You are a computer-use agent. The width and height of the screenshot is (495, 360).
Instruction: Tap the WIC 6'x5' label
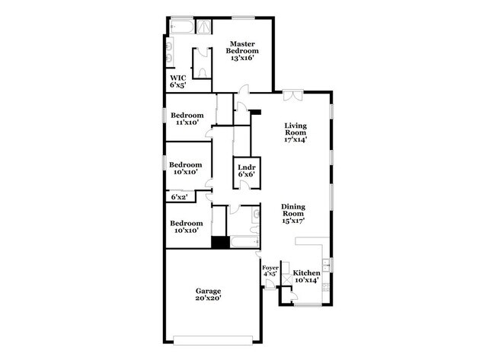tap(177, 81)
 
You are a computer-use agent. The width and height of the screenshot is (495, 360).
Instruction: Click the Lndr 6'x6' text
tap(245, 170)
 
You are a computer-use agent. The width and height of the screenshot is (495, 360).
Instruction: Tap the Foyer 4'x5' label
tap(270, 271)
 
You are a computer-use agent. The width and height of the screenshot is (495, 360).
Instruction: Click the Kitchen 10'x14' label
tap(307, 276)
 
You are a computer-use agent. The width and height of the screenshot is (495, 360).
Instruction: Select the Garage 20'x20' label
tap(208, 295)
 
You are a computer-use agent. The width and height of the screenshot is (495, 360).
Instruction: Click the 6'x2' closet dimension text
tap(179, 198)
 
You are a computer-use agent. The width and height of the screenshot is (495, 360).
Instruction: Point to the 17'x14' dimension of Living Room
tap(295, 139)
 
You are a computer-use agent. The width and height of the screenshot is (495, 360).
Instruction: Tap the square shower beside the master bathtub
tap(204, 27)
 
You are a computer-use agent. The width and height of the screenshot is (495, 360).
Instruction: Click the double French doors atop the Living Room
tap(292, 95)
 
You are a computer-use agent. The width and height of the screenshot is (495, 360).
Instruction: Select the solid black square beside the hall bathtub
tap(220, 243)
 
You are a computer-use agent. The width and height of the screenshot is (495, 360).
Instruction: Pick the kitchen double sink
tap(326, 266)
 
